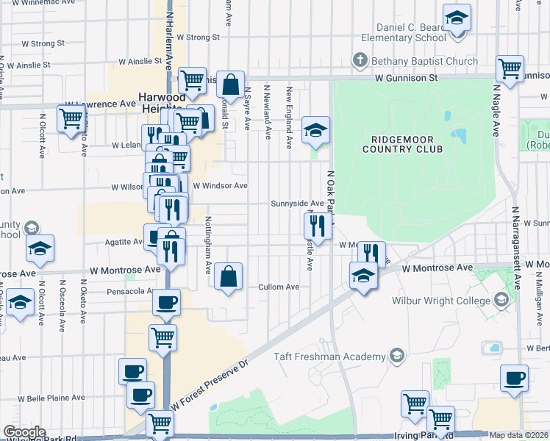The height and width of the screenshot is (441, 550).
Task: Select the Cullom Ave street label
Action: (x=279, y=287)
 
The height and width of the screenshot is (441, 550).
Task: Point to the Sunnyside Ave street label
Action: (x=297, y=203)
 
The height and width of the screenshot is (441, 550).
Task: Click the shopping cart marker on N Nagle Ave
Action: (x=510, y=69)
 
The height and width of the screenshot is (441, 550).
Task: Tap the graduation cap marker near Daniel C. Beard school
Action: (x=456, y=18)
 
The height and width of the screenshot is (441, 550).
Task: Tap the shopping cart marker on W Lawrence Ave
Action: (x=72, y=118)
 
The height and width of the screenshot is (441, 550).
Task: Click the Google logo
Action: (x=24, y=431)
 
